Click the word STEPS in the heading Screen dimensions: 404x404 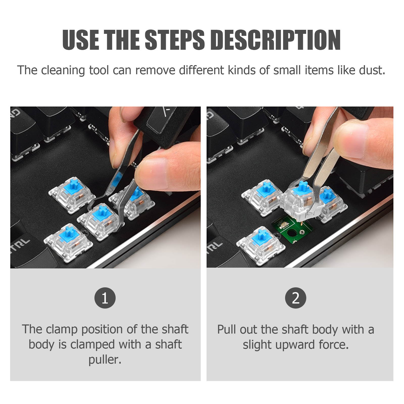pos(174,40)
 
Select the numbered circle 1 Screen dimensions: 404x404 pos(105,298)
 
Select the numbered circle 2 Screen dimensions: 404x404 pos(296,298)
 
